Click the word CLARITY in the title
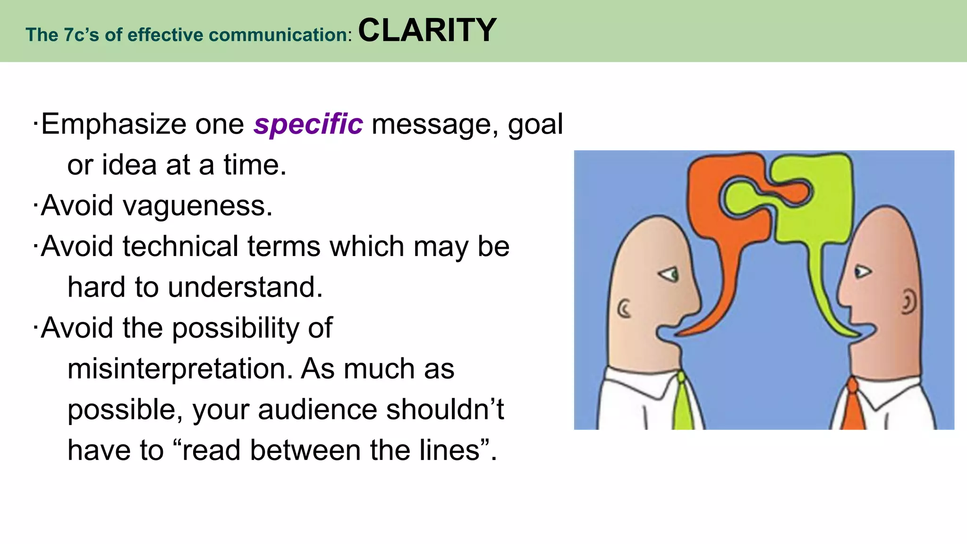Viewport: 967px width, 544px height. coord(427,30)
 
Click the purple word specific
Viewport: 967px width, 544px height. coord(308,125)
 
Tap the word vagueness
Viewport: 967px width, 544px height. coord(197,206)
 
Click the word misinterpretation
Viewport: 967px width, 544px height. coord(180,369)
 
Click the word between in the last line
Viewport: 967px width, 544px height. coord(306,450)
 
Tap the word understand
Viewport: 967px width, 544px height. coord(245,288)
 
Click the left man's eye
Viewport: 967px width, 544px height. coord(670,274)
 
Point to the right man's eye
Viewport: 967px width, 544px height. coord(862,272)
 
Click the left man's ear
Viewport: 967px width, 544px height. coord(624,309)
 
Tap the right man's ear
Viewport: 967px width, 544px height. coord(908,302)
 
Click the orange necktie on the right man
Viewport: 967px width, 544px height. coord(853,406)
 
